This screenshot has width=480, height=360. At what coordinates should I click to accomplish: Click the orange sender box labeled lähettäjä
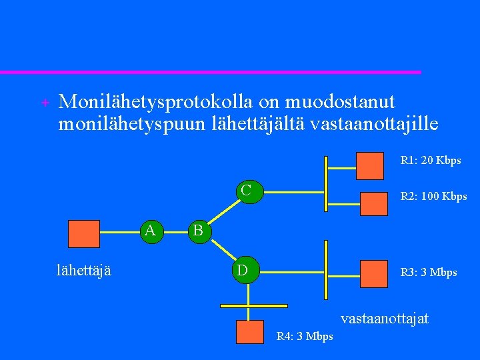click(84, 234)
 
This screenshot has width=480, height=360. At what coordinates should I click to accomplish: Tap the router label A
click(151, 231)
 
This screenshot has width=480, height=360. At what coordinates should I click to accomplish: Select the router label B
click(198, 231)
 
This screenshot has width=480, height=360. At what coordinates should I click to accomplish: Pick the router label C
click(247, 191)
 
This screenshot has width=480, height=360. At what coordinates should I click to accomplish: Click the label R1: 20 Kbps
click(430, 161)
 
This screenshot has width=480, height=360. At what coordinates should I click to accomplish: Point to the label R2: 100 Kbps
click(433, 197)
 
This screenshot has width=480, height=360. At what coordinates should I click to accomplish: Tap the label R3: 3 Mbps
click(428, 273)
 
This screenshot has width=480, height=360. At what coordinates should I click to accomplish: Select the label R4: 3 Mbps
click(305, 337)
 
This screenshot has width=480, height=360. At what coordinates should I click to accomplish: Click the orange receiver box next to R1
click(369, 166)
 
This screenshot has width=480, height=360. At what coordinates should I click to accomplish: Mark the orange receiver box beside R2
click(373, 203)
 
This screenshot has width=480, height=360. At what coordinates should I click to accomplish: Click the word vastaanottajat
click(385, 319)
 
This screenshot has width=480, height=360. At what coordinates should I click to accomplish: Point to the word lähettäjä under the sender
click(84, 269)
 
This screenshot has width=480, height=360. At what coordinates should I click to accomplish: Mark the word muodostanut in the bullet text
click(340, 103)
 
